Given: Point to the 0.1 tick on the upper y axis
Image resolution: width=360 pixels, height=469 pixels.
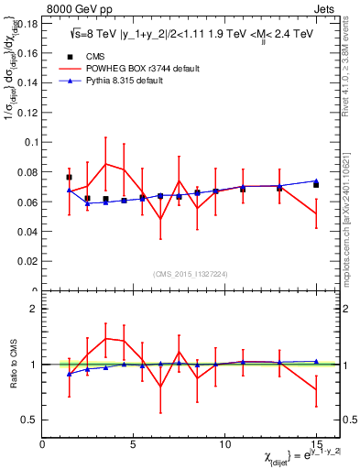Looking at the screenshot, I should (30, 142).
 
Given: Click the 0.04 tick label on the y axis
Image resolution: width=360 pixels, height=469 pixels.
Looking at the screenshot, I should (26, 232).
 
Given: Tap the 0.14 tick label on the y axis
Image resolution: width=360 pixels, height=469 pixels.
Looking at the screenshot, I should (26, 82).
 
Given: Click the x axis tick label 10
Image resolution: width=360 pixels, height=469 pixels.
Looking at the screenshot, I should (224, 444).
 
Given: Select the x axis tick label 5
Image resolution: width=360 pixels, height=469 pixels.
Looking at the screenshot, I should (134, 444).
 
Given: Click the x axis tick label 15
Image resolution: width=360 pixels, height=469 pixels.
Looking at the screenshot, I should (315, 444).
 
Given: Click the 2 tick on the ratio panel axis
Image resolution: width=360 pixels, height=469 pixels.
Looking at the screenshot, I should (33, 309).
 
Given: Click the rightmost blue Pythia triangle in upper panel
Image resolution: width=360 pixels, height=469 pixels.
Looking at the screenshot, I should (316, 181).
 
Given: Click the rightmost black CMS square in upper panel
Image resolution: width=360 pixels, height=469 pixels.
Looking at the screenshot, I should (316, 185).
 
